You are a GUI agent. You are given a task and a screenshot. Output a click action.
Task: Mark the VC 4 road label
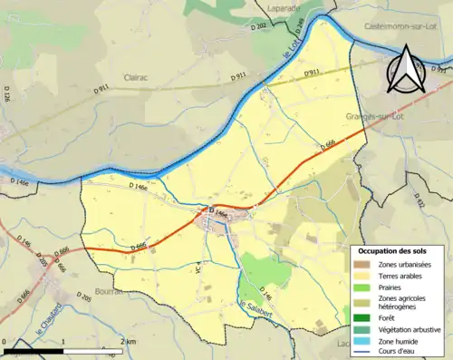tap(198, 269)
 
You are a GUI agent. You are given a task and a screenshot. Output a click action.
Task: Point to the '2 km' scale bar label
tap(128, 341)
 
